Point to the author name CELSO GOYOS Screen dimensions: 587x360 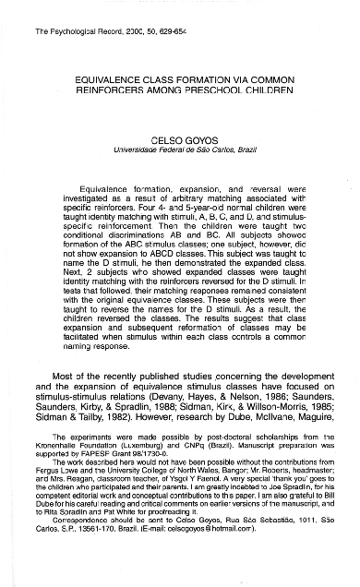pyautogui.click(x=179, y=136)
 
